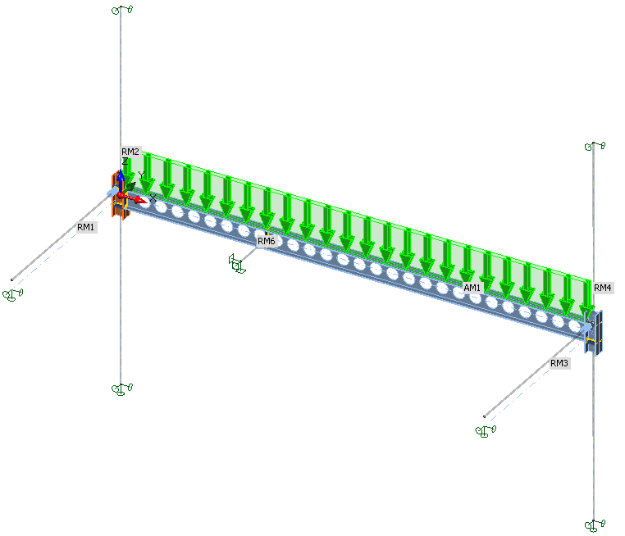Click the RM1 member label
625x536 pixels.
point(85,227)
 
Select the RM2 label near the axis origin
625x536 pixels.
point(130,152)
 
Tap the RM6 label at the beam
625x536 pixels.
point(267,241)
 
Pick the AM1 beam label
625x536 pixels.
point(472,288)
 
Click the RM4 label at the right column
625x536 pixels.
point(602,288)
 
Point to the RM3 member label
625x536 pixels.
point(559,363)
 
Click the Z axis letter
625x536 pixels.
point(125,161)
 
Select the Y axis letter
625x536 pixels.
point(142,175)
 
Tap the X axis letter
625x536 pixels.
point(153,198)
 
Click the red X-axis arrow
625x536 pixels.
point(134,198)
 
